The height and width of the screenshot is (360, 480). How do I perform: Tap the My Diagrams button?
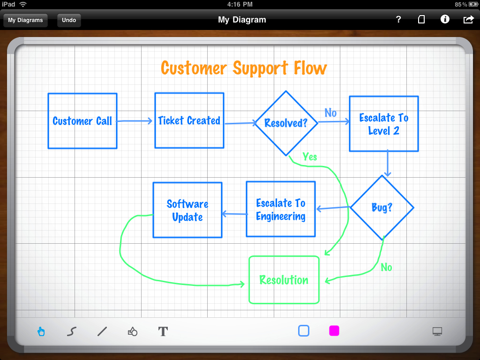coord(25,20)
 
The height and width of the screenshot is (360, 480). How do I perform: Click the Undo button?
coord(69,20)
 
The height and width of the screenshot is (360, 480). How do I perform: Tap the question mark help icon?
coord(398,19)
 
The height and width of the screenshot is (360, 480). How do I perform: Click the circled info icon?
coord(445,19)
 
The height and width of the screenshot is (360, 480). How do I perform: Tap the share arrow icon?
coord(468,19)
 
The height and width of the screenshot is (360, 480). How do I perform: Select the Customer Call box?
coord(82,121)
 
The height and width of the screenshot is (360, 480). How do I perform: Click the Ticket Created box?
coord(189,120)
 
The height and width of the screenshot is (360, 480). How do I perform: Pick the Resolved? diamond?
coord(286,123)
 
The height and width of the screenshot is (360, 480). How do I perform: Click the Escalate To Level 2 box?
coord(383,124)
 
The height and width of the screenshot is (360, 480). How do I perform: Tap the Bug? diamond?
coord(382,208)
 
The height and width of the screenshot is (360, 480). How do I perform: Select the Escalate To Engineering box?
coord(281,209)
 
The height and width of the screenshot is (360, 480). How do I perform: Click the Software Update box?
coord(187,210)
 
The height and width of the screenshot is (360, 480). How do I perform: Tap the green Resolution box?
coord(284,280)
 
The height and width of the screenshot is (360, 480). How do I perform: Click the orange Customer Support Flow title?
coord(244,68)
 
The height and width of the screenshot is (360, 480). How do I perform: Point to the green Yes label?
coord(310,157)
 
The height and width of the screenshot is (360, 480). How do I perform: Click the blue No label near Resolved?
coord(330,113)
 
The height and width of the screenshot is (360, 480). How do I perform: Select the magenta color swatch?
coord(334,331)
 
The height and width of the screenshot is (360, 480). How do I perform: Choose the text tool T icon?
coord(163,332)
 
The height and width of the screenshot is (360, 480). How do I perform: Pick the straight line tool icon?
coord(102,332)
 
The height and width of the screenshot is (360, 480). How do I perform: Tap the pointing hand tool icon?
coord(41,332)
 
